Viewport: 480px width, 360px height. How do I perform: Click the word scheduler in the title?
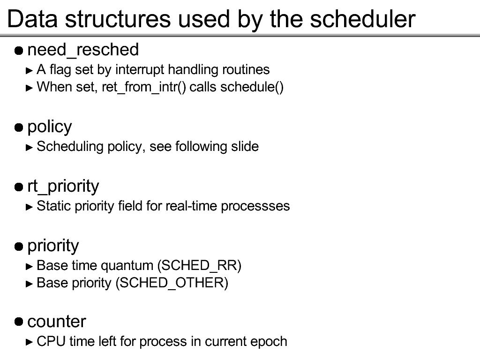(x=362, y=19)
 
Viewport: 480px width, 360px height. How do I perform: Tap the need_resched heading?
(x=83, y=50)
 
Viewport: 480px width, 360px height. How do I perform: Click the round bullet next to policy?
(x=19, y=127)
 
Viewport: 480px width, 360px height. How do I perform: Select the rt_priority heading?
(x=63, y=187)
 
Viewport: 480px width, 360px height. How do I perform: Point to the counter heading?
(x=57, y=322)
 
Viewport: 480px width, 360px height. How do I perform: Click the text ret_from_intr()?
(x=144, y=87)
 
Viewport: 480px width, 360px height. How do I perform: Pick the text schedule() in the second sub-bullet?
(x=252, y=87)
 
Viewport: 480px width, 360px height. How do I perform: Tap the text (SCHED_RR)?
(x=199, y=265)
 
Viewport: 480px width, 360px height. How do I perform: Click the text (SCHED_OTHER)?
(x=172, y=283)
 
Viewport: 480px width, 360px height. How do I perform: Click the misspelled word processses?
(x=255, y=206)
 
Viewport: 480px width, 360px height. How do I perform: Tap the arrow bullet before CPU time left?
(x=30, y=342)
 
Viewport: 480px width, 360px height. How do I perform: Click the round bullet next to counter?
(x=19, y=322)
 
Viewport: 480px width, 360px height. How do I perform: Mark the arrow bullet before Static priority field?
(x=30, y=207)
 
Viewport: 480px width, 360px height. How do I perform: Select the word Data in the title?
(x=32, y=19)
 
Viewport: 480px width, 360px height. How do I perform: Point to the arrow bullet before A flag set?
(x=30, y=71)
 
